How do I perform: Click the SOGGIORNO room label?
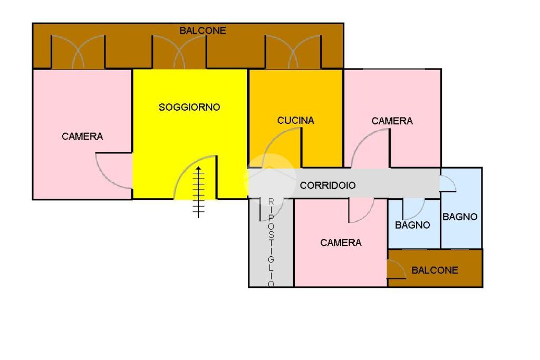click(189, 108)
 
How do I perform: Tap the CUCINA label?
click(295, 121)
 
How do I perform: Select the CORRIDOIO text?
click(327, 186)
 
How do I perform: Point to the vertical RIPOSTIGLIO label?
click(271, 242)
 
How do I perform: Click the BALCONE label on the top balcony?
click(202, 31)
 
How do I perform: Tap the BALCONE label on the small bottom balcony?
click(435, 270)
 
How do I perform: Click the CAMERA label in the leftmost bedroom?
click(82, 137)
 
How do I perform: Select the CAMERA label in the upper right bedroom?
click(392, 121)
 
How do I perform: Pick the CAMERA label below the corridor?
click(341, 243)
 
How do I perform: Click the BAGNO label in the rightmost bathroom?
click(460, 217)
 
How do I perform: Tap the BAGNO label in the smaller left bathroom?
click(412, 225)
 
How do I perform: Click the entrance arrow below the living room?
click(198, 191)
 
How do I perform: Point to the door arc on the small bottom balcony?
click(397, 269)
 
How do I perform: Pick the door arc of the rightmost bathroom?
click(448, 182)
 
